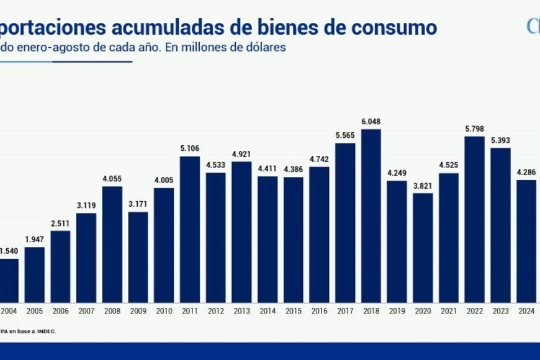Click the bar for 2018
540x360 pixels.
click(371, 215)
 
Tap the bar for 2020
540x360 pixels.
click(423, 247)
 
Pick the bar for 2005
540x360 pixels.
click(35, 274)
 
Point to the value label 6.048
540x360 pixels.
click(371, 122)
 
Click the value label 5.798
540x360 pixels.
click(474, 128)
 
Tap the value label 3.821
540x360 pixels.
click(423, 186)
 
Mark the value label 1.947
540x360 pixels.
click(35, 240)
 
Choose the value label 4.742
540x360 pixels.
click(319, 159)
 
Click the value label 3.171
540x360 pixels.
click(138, 204)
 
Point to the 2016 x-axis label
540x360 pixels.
click(319, 310)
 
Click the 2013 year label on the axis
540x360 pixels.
click(241, 310)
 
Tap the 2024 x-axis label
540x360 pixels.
click(526, 310)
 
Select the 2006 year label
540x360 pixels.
click(61, 310)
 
